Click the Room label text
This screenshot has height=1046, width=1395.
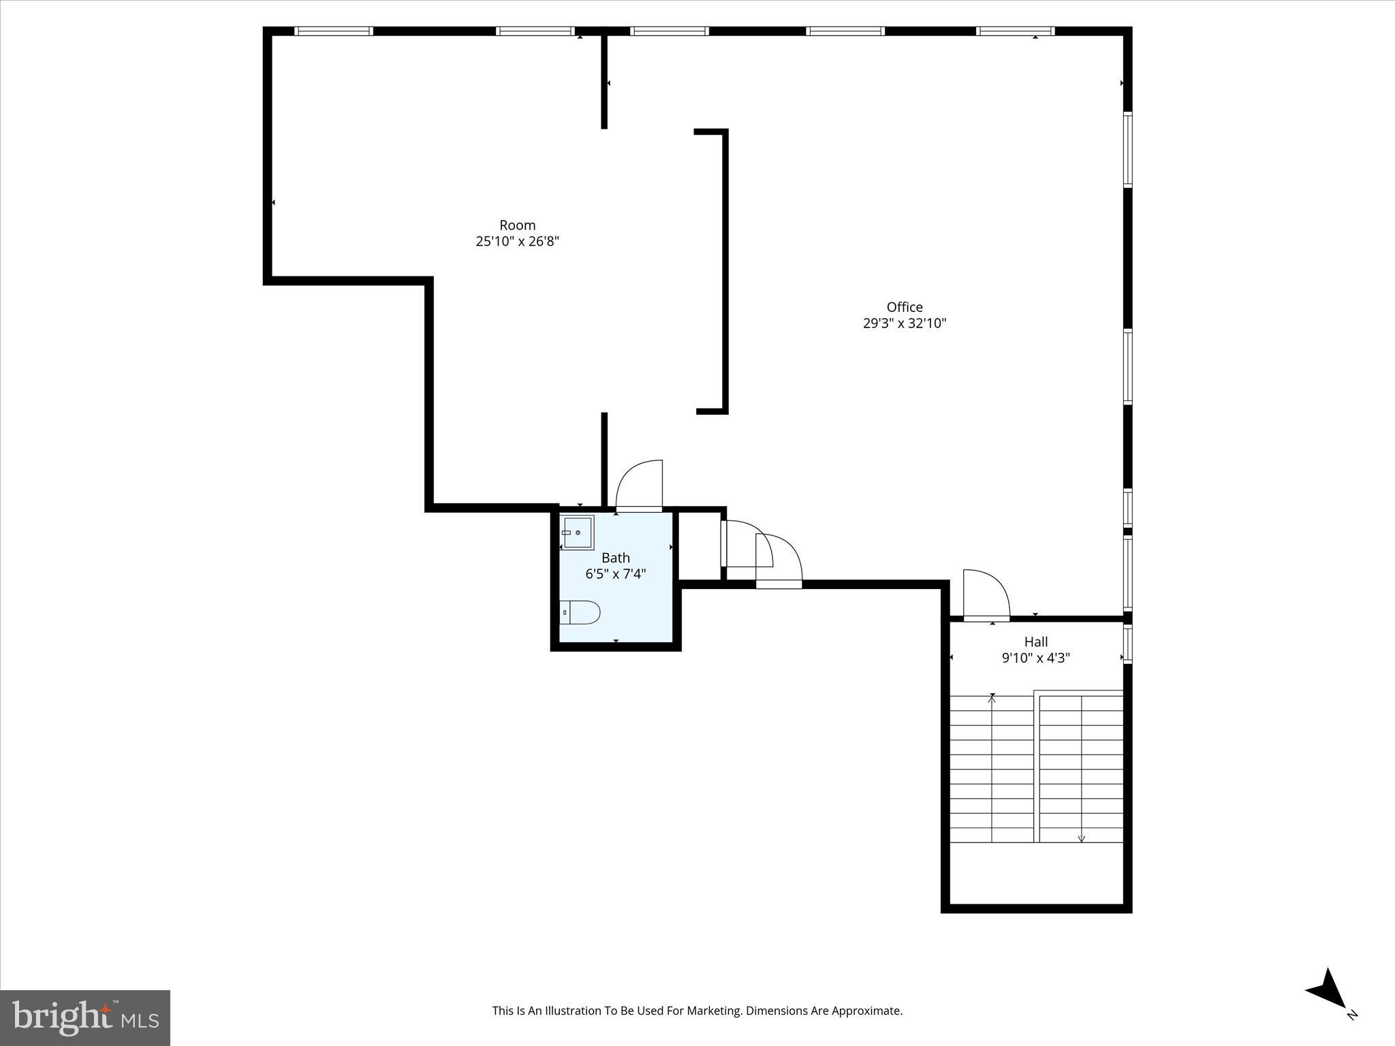[517, 225]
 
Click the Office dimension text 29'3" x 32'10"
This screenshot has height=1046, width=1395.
[905, 323]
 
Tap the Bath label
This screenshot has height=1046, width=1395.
[615, 558]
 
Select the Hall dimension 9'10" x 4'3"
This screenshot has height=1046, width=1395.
[1035, 658]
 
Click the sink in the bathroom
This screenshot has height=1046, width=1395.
[578, 532]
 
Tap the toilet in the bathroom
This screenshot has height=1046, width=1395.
[580, 612]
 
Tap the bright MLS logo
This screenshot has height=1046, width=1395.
[85, 1018]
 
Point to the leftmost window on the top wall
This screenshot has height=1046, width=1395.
[334, 31]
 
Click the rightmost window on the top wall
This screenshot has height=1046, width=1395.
[1015, 31]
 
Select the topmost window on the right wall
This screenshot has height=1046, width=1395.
[1127, 150]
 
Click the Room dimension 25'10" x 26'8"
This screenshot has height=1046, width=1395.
[517, 242]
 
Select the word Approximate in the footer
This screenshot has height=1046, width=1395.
[866, 1011]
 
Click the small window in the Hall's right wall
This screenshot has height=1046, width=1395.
[1127, 644]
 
